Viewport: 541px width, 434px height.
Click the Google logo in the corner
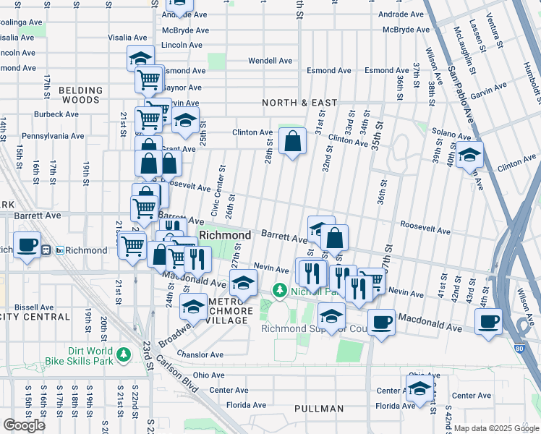click(24, 425)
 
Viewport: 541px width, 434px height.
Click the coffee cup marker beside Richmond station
click(27, 244)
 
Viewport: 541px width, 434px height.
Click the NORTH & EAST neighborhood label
click(300, 103)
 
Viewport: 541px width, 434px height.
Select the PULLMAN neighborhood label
click(319, 409)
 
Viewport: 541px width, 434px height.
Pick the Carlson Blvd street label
click(177, 374)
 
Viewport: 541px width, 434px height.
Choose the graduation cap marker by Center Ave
click(419, 389)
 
